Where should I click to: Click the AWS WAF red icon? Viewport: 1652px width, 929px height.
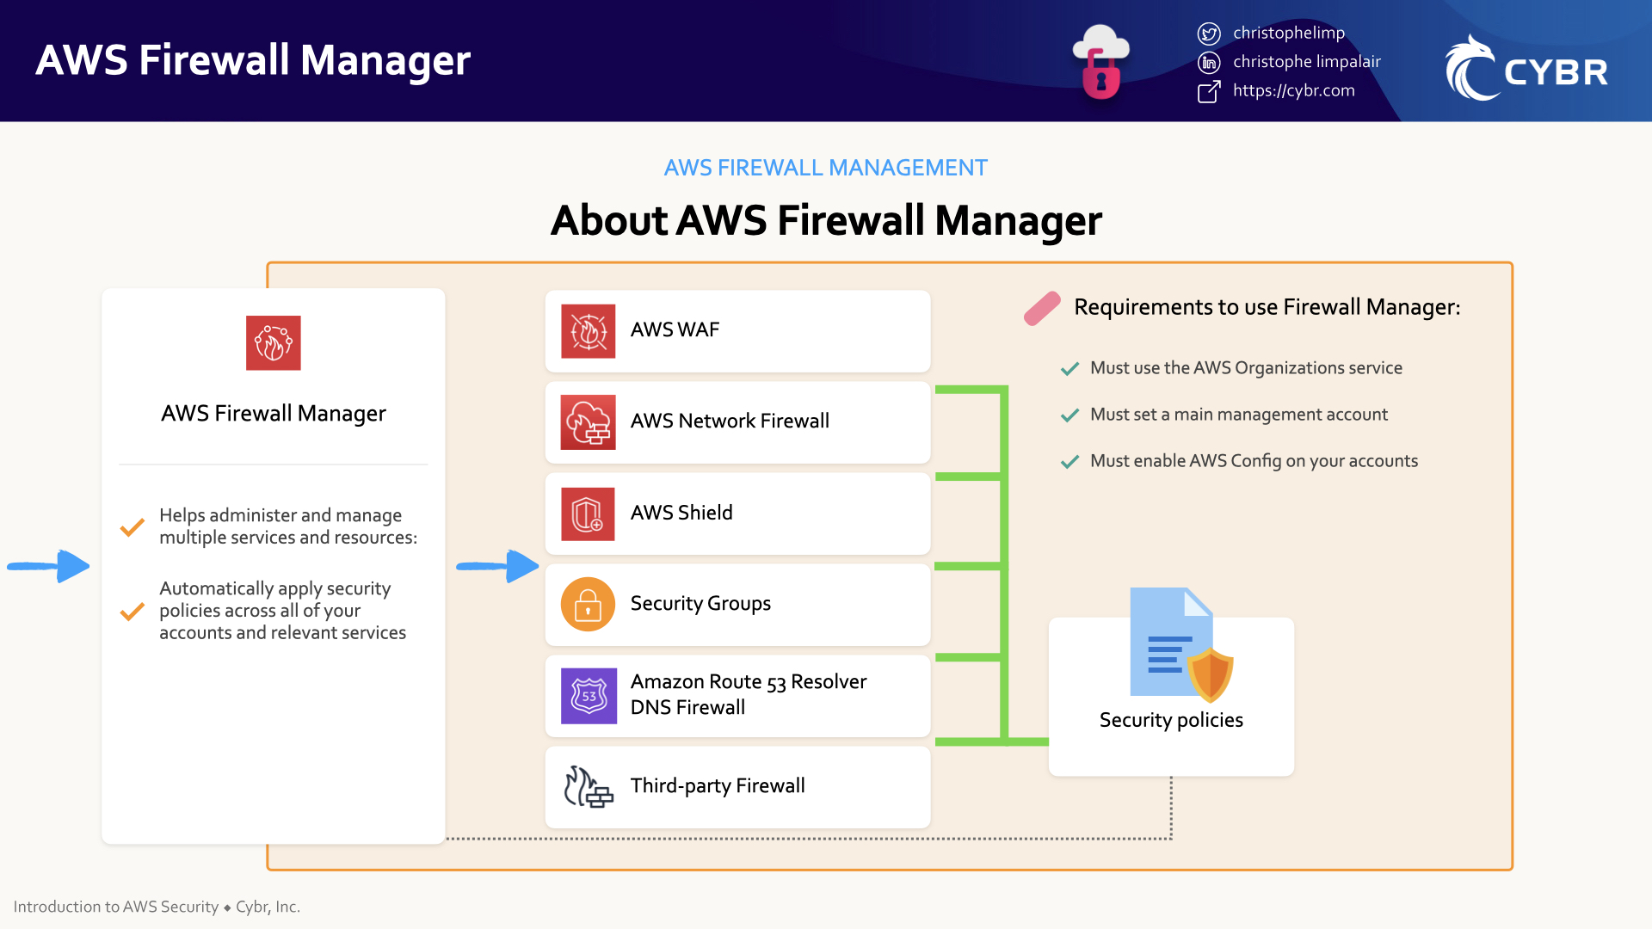588,331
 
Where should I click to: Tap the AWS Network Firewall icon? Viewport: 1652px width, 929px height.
588,422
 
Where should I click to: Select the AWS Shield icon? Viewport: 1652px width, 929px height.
588,514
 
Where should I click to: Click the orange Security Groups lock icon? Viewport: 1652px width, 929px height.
588,604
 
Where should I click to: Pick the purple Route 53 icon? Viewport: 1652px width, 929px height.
589,696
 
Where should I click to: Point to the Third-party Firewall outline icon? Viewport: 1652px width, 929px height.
588,786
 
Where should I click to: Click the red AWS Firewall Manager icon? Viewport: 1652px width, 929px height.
273,342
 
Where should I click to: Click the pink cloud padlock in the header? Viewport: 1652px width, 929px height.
1100,62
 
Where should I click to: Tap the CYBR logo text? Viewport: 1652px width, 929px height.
1556,72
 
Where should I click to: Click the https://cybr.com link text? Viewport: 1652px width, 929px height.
1293,90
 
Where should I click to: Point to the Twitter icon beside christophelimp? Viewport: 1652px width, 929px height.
1209,34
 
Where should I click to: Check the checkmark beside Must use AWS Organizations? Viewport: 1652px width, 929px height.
1069,369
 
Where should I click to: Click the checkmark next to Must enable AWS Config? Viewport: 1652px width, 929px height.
1069,462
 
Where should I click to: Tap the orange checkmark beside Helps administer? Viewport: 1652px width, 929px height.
132,527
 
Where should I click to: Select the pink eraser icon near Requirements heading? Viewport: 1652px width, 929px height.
1042,309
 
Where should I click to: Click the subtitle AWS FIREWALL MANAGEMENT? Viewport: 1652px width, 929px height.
825,168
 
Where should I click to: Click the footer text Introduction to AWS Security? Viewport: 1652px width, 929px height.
116,907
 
